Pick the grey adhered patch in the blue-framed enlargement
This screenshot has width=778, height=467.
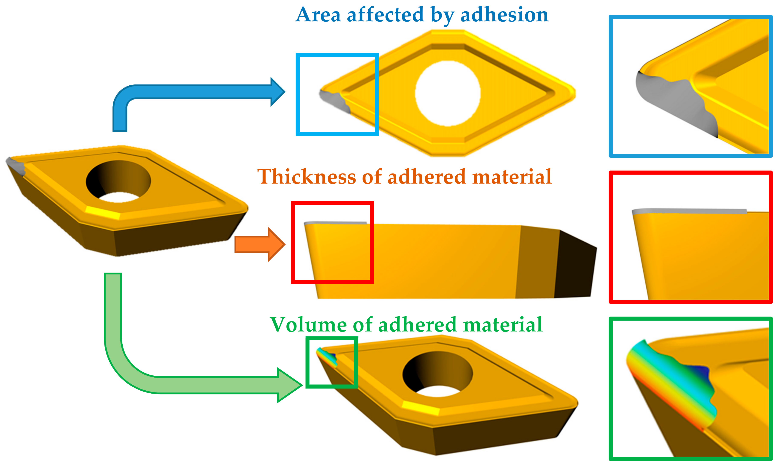point(676,101)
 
